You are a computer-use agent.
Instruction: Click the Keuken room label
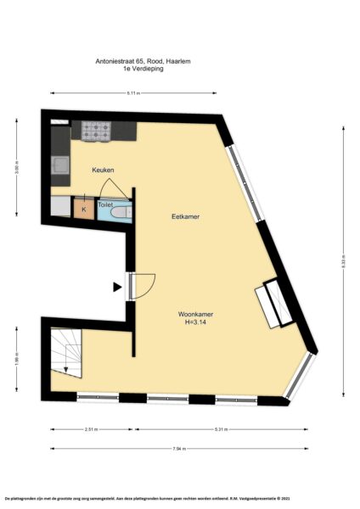[x=103, y=171]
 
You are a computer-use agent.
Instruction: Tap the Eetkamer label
[x=185, y=217]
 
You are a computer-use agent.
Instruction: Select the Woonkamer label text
[x=195, y=315]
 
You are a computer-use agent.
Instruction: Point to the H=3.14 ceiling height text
[x=195, y=323]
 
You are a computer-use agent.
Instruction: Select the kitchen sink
[x=61, y=164]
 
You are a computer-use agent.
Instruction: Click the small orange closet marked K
[x=83, y=209]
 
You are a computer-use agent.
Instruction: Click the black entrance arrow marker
[x=117, y=287]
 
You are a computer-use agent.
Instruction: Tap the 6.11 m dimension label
[x=133, y=92]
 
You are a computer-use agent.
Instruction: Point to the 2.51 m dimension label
[x=92, y=430]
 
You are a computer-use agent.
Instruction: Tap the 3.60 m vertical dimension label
[x=16, y=166]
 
